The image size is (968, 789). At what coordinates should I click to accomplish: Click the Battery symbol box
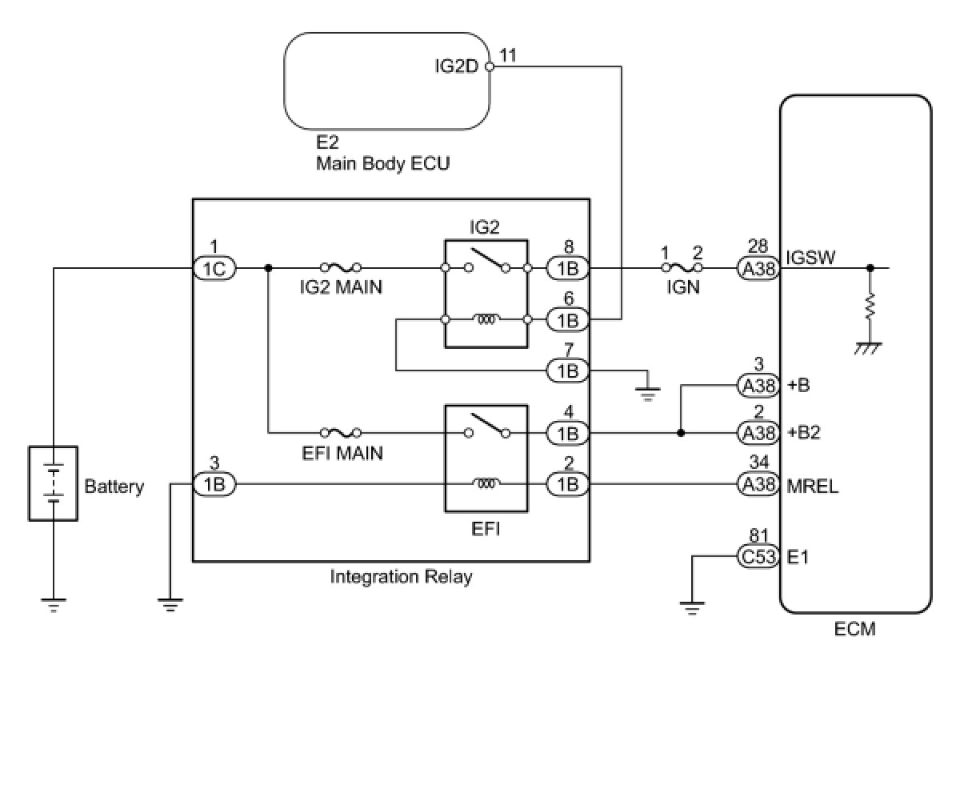coord(53,483)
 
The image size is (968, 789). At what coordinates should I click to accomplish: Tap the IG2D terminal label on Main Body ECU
coord(456,66)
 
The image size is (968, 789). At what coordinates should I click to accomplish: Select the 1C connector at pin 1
coord(214,269)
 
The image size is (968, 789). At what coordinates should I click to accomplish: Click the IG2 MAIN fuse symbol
coord(339,268)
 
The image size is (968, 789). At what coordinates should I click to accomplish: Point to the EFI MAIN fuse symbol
coord(339,433)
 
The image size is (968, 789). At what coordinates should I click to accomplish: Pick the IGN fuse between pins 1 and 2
coord(682,269)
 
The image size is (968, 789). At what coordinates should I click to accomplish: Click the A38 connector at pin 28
coord(758,269)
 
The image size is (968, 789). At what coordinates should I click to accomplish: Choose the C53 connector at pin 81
coord(758,556)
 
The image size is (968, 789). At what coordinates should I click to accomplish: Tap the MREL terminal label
coord(813,486)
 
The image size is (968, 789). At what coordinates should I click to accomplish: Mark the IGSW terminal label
coord(810,258)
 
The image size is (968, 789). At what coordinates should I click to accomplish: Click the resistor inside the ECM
coord(870,306)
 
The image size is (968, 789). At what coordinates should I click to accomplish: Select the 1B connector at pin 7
coord(568,370)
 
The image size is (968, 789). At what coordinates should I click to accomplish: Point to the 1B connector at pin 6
coord(568,320)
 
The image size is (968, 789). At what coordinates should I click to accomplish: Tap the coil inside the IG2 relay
coord(486,320)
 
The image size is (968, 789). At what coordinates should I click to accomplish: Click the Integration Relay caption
coord(401,576)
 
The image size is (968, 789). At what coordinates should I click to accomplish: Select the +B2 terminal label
coord(804,433)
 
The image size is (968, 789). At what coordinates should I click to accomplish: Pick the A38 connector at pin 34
coord(758,484)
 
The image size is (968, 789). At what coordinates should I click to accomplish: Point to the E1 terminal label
coord(798,557)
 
